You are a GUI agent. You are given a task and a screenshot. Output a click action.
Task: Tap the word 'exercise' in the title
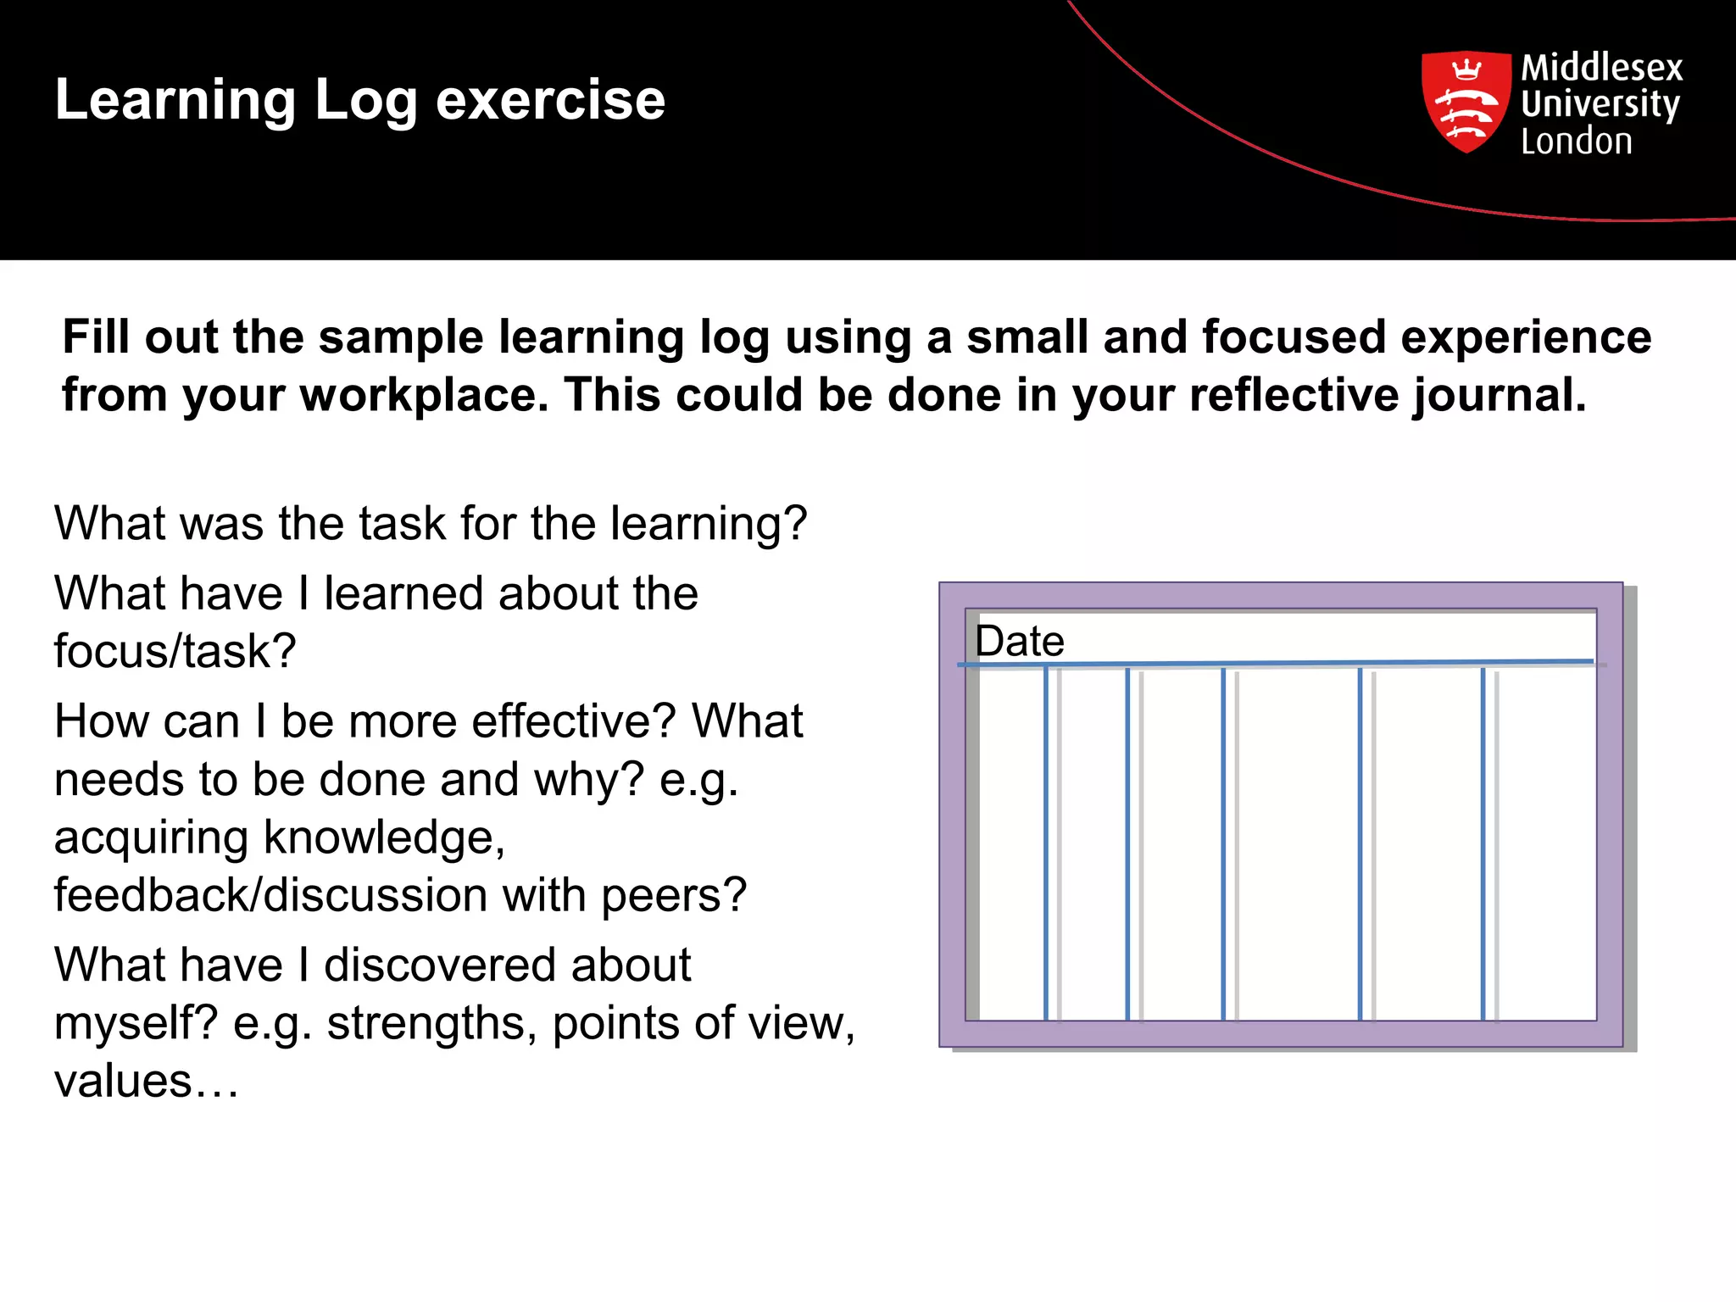click(x=550, y=100)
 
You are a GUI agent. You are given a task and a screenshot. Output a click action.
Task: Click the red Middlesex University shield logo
click(x=1466, y=102)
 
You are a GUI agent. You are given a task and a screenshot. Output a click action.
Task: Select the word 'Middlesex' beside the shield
click(x=1601, y=67)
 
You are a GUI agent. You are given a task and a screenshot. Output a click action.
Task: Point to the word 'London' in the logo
click(x=1576, y=142)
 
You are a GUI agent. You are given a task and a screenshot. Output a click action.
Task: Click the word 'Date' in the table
click(x=1019, y=641)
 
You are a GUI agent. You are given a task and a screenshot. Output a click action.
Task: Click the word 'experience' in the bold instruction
click(x=1526, y=337)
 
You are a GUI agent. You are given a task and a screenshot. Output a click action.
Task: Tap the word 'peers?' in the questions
click(x=674, y=895)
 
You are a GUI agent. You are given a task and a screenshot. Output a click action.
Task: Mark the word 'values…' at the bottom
click(x=147, y=1081)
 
